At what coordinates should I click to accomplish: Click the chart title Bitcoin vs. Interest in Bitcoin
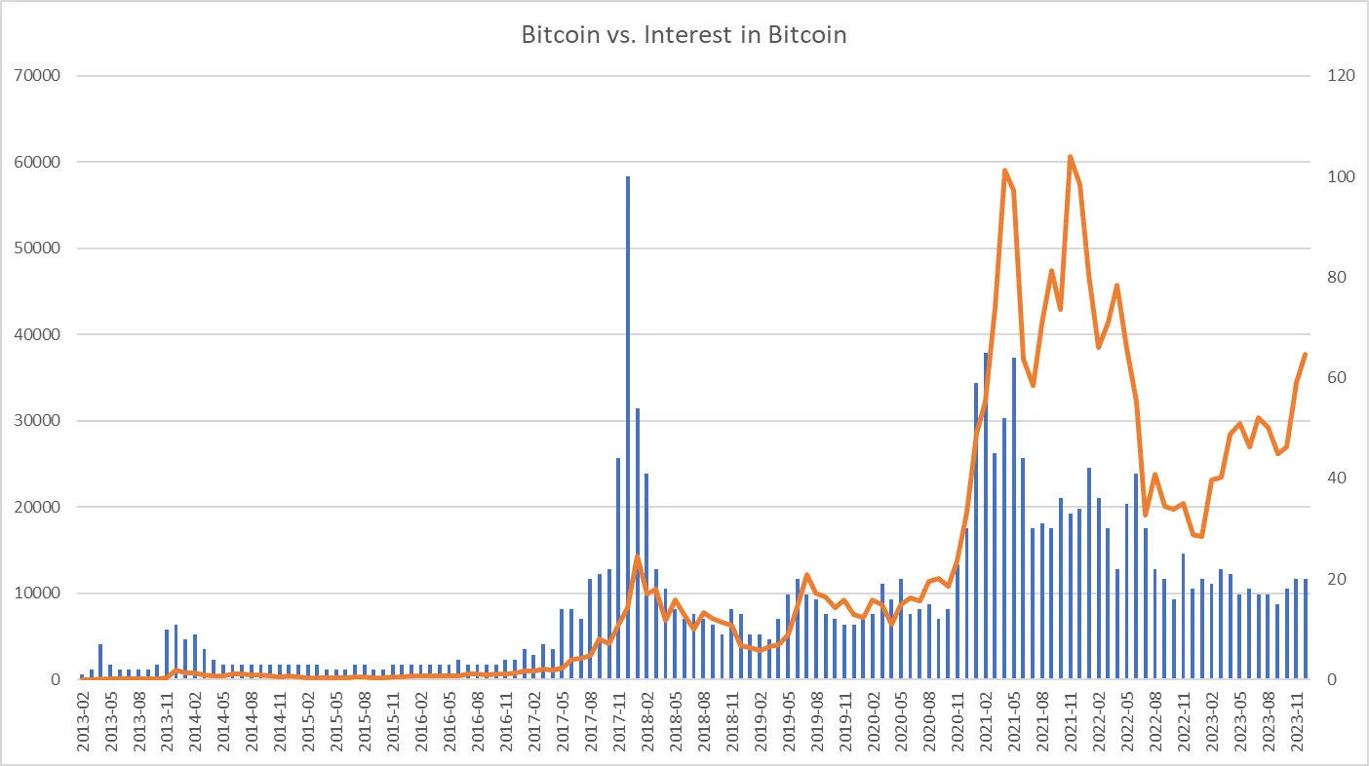pos(684,36)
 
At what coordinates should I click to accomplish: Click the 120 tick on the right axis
pos(1335,76)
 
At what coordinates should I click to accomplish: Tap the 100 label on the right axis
pos(1335,177)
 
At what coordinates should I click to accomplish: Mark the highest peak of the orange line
pos(1070,157)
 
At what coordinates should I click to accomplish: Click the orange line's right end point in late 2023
pos(1306,355)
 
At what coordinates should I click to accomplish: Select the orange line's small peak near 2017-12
pos(637,557)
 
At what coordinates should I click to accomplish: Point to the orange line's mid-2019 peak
pos(806,576)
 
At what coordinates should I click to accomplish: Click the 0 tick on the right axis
pos(1327,679)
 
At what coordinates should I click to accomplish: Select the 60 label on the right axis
pos(1331,378)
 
